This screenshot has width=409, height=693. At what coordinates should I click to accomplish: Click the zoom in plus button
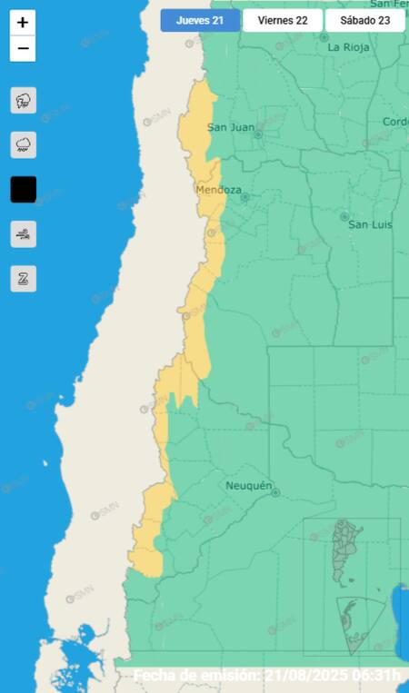(x=23, y=24)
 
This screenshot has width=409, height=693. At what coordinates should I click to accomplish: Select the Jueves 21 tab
(x=200, y=20)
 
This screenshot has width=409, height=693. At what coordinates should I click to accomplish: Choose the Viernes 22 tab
(x=283, y=20)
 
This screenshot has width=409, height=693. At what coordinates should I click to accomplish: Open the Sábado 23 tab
(x=364, y=20)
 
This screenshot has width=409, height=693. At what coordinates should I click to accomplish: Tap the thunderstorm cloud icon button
(x=23, y=100)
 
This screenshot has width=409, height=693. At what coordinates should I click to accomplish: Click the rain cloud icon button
(x=23, y=144)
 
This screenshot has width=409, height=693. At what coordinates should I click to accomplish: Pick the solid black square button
(x=23, y=189)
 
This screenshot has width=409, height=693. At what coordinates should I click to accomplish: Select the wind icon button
(x=23, y=234)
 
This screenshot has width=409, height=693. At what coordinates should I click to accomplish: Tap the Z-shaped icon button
(x=23, y=279)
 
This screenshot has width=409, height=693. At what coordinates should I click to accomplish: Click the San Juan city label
(x=231, y=127)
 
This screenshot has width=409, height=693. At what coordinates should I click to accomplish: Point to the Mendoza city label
(x=219, y=191)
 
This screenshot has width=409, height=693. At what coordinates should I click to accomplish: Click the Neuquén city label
(x=249, y=486)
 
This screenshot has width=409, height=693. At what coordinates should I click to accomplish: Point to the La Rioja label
(x=346, y=46)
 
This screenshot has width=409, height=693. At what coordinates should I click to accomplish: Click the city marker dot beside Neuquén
(x=275, y=493)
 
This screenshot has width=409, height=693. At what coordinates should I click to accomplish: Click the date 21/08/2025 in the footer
(x=312, y=676)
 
